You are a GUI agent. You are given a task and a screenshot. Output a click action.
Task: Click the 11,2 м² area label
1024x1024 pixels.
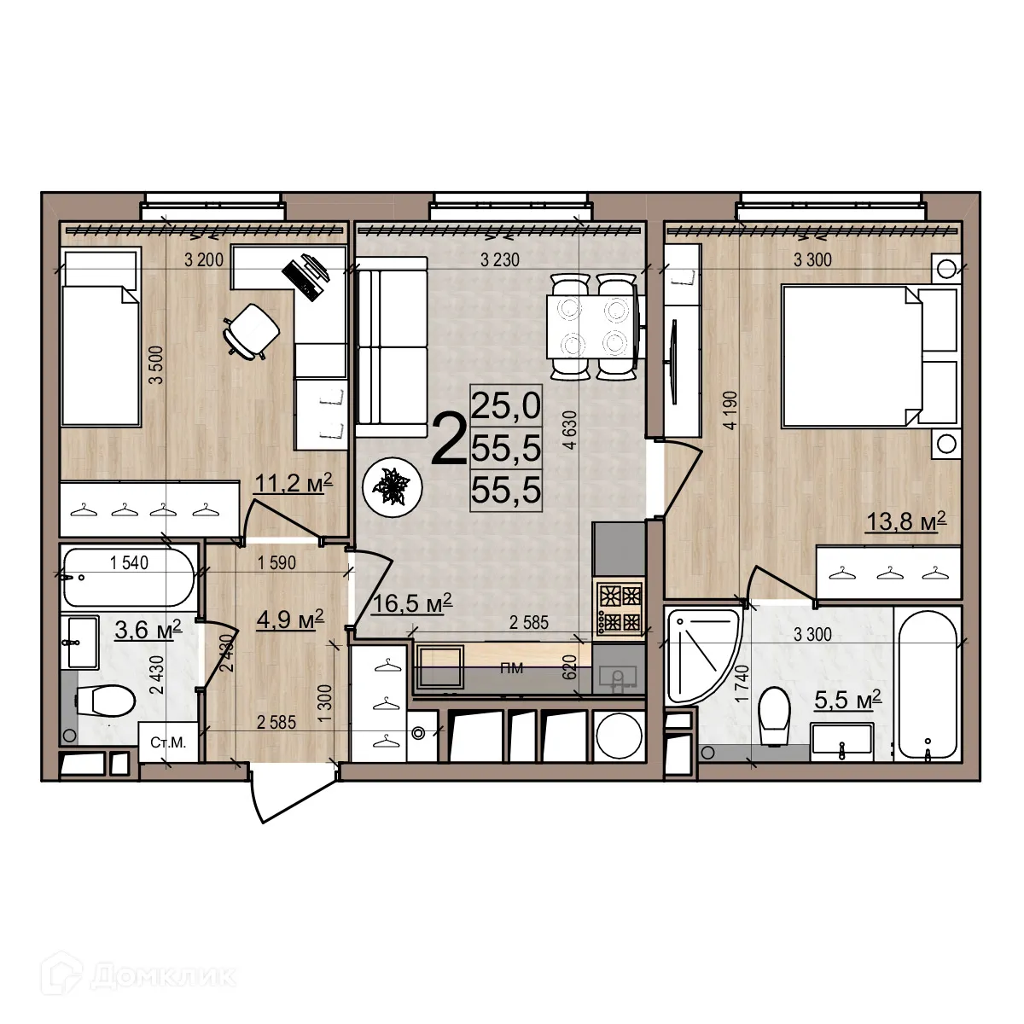coord(293,485)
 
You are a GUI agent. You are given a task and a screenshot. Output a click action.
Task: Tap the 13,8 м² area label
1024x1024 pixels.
coord(906,521)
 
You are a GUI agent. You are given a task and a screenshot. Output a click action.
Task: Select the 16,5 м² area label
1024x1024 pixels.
coord(411,604)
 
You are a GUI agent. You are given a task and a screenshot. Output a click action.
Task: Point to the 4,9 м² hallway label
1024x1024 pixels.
coord(289,619)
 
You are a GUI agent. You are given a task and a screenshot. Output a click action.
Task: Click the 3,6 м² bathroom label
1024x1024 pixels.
coord(148,631)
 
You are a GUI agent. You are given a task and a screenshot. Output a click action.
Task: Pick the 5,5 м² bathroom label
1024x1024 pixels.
coord(847,701)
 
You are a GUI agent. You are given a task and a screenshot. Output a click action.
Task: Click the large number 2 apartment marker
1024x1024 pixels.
coord(449,440)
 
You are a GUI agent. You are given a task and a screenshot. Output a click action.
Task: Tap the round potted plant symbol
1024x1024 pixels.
coord(393,486)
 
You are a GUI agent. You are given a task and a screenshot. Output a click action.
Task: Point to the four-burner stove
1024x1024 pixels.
coord(620,608)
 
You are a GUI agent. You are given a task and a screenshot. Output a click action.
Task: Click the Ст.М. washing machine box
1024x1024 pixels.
coord(168,742)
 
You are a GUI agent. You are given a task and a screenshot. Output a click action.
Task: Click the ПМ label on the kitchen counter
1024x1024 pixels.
coord(512,668)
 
